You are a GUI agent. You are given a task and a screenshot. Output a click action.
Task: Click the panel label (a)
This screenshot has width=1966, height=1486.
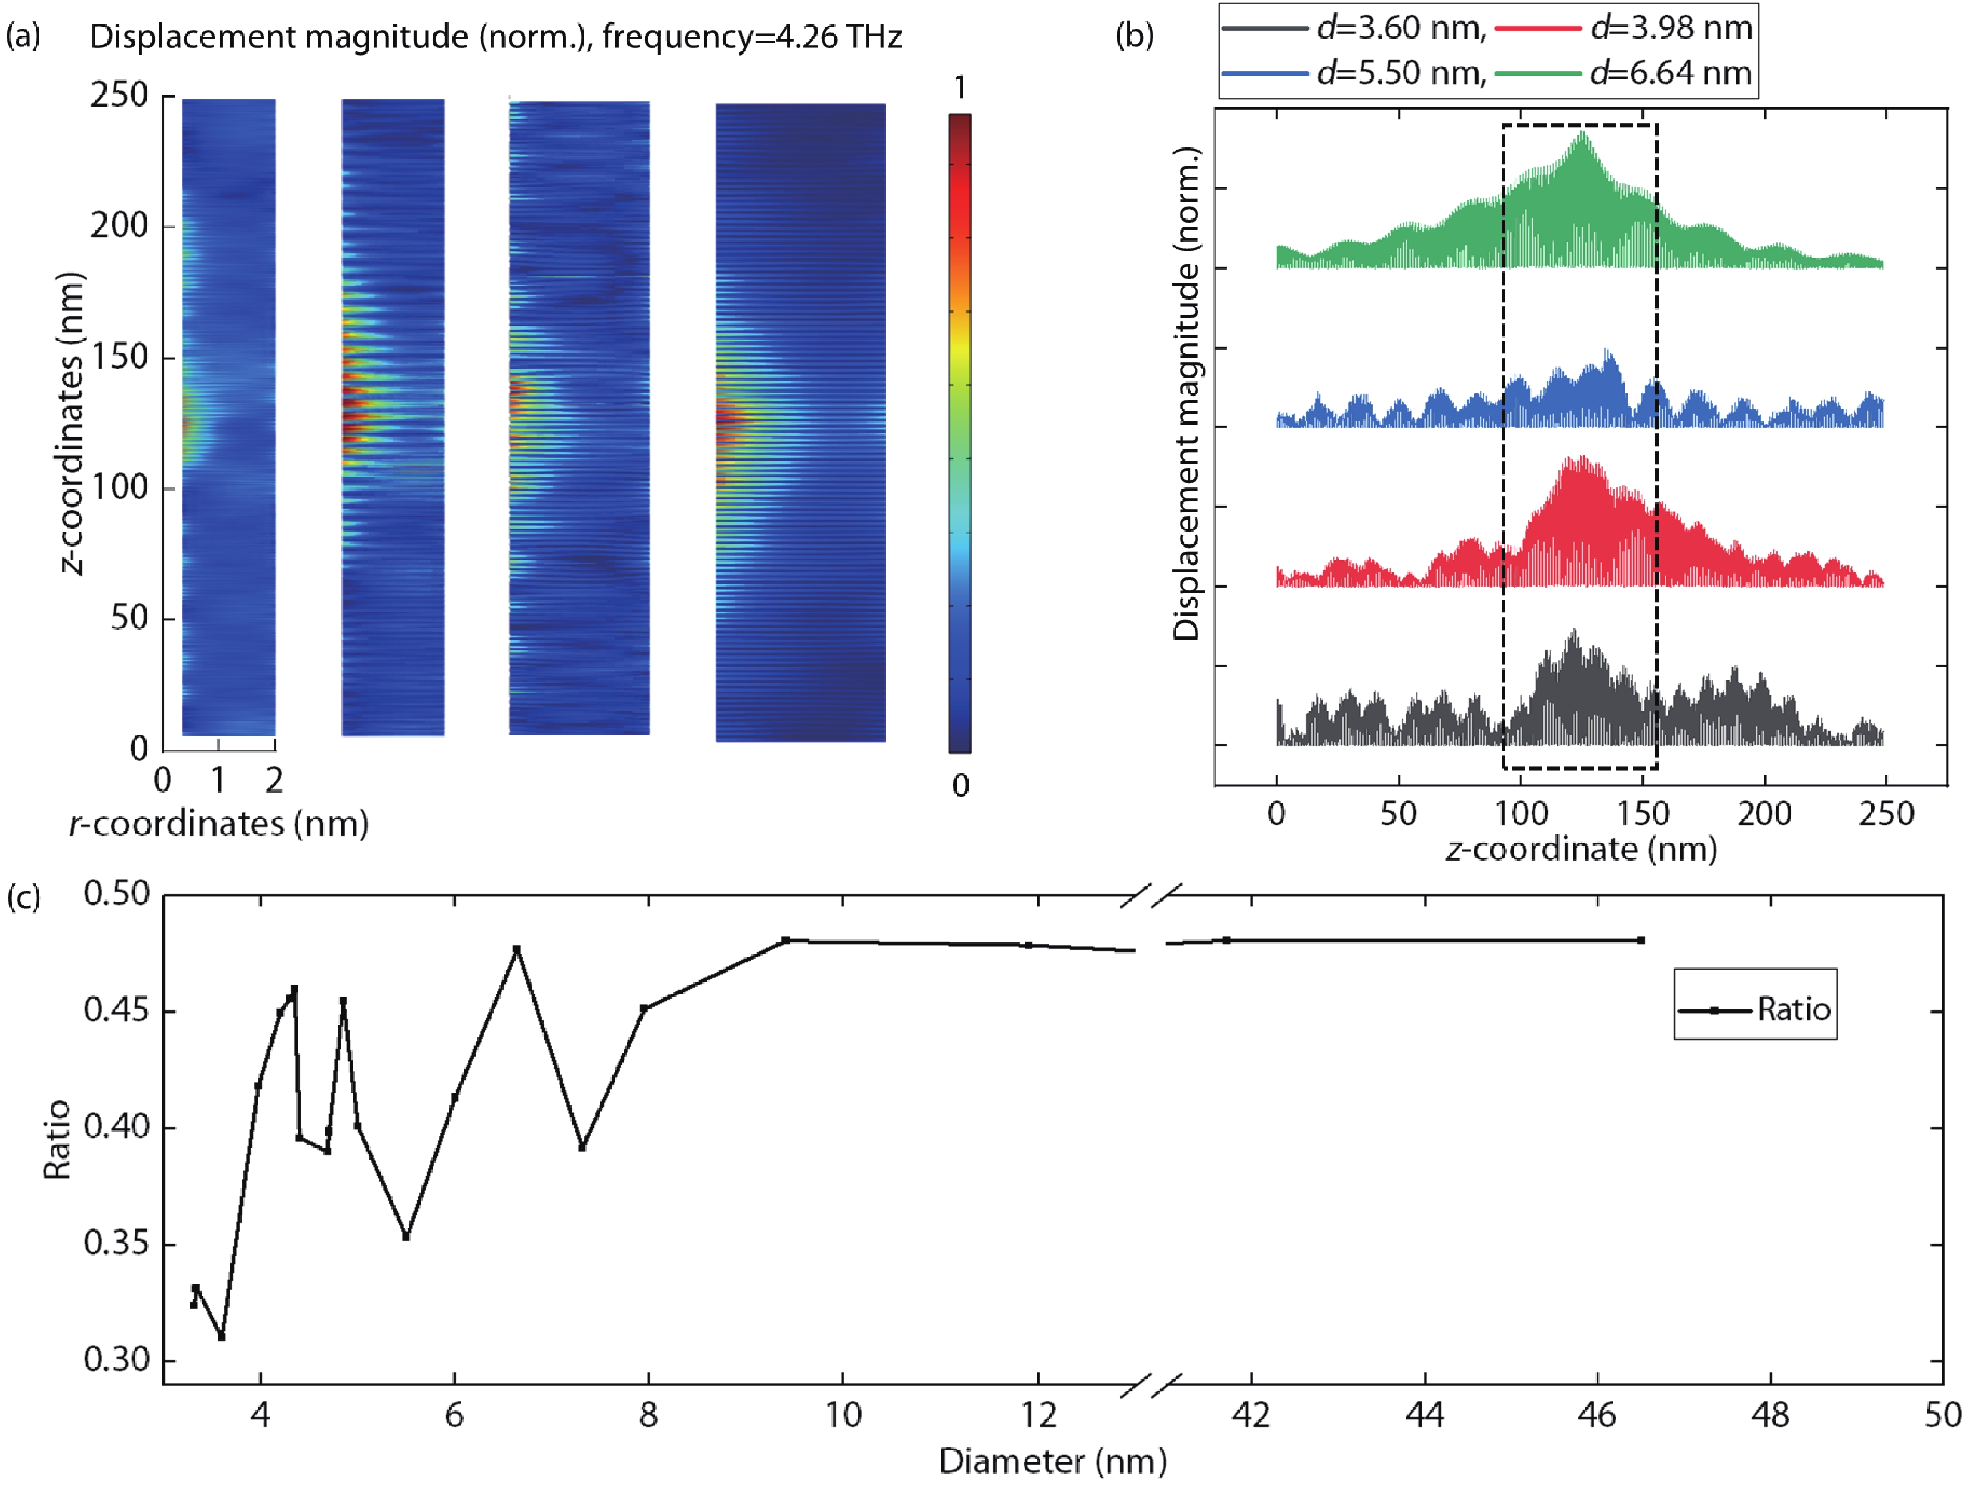click(x=23, y=36)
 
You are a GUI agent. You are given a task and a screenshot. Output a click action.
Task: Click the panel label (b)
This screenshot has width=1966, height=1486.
click(x=1134, y=36)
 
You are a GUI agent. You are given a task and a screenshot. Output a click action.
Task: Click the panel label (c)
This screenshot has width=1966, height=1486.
click(x=23, y=897)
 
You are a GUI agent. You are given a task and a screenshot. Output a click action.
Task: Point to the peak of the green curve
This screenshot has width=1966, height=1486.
click(x=1582, y=134)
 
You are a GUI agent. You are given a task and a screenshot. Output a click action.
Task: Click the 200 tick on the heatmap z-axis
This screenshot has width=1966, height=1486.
click(x=119, y=226)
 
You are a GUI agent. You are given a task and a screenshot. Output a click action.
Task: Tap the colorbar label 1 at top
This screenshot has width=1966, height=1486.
click(x=960, y=88)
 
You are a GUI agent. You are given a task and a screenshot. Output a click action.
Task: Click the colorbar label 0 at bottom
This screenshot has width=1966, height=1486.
click(x=960, y=786)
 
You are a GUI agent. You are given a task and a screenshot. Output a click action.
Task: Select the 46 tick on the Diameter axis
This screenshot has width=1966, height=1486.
click(x=1597, y=1414)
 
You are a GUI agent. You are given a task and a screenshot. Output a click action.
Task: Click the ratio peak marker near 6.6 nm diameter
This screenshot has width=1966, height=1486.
click(x=516, y=949)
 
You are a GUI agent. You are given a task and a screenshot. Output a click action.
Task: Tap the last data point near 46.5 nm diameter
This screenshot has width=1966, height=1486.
click(x=1641, y=941)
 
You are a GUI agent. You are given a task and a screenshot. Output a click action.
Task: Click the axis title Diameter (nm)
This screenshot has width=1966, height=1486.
click(x=1052, y=1461)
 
